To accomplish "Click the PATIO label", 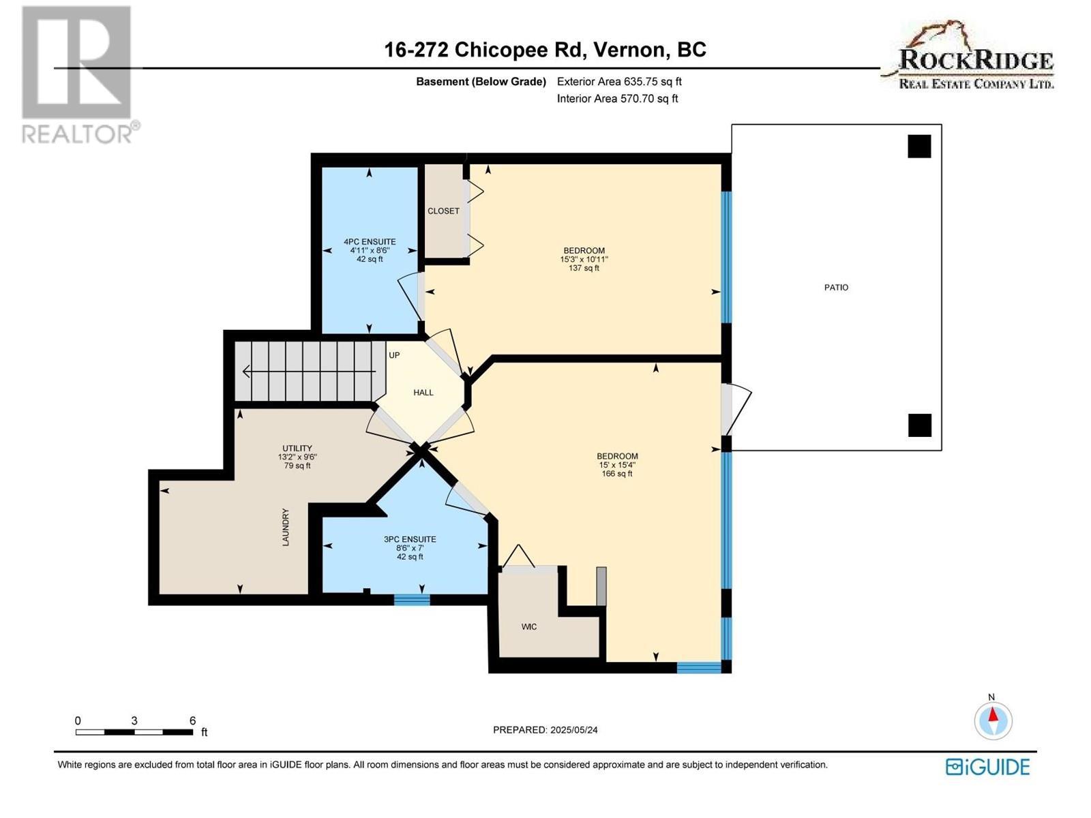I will tap(836, 288).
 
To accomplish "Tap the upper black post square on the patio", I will tap(919, 146).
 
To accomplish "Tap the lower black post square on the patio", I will tap(919, 425).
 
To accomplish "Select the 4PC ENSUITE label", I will tap(370, 242).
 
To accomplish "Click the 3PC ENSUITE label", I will tap(410, 539).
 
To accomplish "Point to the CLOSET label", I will tap(443, 211).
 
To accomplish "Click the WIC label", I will tap(529, 626).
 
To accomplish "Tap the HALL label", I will tap(423, 393).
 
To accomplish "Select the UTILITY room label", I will tap(297, 449).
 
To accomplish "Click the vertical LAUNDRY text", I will tap(286, 527).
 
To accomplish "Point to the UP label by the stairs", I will tap(394, 355).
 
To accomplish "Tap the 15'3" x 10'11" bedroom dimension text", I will tap(584, 260).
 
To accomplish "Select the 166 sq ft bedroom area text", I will tap(616, 474).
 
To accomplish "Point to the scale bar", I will tap(134, 732).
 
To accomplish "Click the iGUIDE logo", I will tap(987, 767).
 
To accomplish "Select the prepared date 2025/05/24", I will tap(545, 730).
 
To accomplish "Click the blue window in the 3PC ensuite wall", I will tap(412, 600).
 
